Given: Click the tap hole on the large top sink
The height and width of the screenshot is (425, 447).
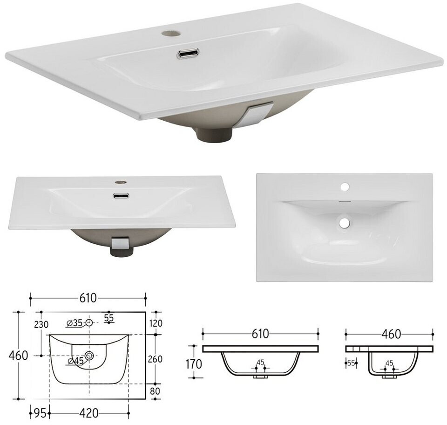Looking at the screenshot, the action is [x=171, y=33].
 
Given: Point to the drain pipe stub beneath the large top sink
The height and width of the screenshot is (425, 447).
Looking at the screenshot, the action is [x=214, y=133].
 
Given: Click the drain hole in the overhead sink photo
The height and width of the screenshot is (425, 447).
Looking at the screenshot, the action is [x=345, y=222].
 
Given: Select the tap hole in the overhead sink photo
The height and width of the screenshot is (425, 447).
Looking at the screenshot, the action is [x=345, y=187].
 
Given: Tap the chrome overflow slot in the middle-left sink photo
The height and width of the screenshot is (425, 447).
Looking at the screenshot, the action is [x=121, y=196].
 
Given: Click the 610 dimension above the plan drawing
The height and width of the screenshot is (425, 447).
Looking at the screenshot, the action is [x=88, y=298].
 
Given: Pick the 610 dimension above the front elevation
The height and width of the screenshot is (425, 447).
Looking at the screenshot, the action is [x=260, y=334].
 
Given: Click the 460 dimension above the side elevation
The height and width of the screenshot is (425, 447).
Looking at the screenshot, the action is [x=392, y=334].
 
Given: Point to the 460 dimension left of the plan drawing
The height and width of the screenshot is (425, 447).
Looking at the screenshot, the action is [x=19, y=356].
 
